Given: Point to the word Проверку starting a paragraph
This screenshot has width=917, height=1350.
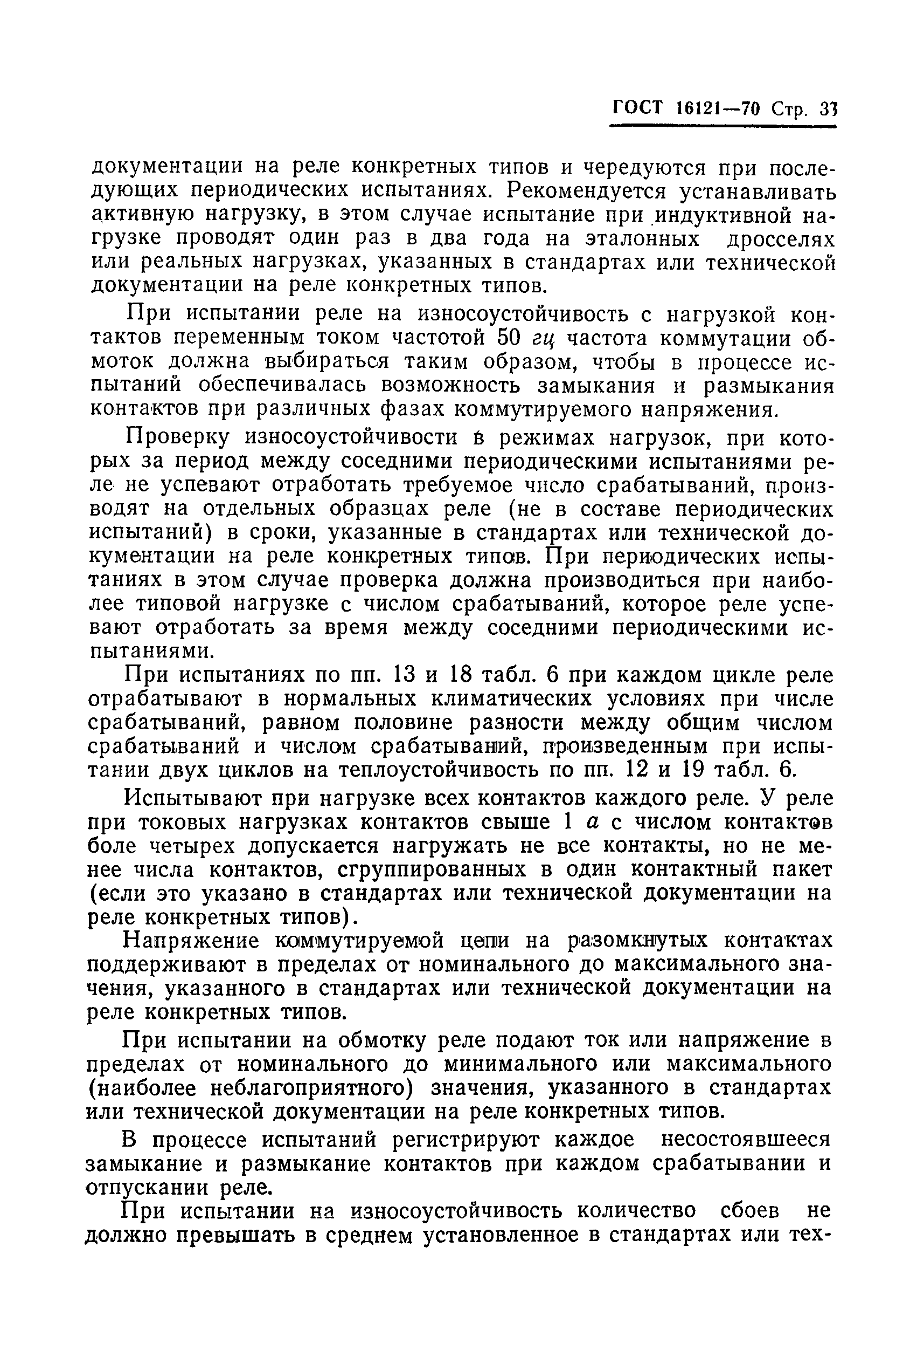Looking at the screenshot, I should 179,437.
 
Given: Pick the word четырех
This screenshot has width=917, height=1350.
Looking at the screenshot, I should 185,846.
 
